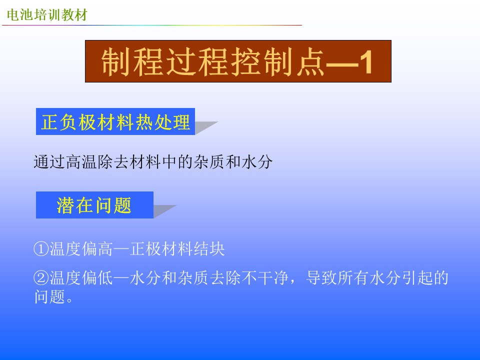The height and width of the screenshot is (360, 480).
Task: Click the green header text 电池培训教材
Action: tap(47, 14)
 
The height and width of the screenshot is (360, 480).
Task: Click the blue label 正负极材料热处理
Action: tap(115, 121)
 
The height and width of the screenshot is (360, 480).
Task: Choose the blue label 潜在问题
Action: tap(94, 205)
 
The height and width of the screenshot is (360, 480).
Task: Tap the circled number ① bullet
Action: tap(41, 248)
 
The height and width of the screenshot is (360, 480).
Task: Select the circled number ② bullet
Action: tap(41, 278)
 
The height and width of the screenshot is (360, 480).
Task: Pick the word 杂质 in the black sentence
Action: tap(209, 162)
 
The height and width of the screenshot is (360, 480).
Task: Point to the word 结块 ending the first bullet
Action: tap(209, 248)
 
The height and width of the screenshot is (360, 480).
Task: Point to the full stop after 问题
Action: tap(69, 299)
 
